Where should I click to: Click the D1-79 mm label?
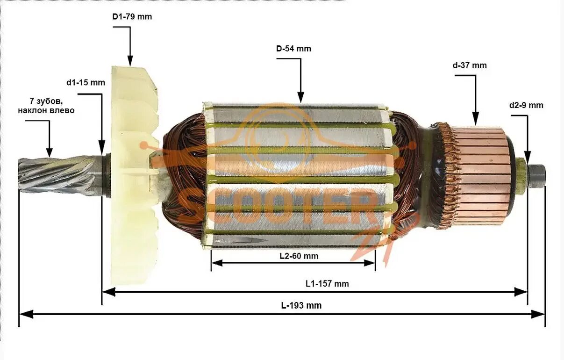pos(132,17)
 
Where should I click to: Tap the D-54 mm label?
pos(293,49)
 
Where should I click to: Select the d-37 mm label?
pos(469,65)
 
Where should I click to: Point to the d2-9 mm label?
pos(526,105)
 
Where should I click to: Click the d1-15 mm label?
pos(86,83)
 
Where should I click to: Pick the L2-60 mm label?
pos(299,256)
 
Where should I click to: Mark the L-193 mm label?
pos(301,306)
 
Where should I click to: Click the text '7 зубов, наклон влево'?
pos(46,106)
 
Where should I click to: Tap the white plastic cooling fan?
pos(133,178)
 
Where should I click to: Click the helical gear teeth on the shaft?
pos(56,175)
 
